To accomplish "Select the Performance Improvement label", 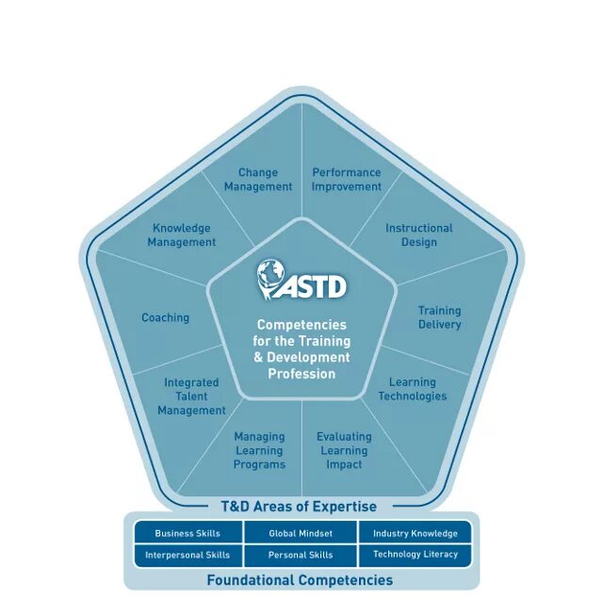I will pos(347,180).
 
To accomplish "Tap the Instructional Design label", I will pos(419,235).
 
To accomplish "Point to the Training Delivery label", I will pos(440,317).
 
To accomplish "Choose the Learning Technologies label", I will pos(413,389).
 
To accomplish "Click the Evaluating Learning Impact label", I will pos(344,450).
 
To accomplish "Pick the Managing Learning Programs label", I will pos(259,450).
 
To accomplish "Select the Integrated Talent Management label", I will pos(191,396).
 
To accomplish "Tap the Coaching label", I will pos(166,318).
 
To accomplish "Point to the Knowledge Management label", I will pos(182,235).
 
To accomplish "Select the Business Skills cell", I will pos(187,534).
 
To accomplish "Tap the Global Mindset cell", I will pos(301,534).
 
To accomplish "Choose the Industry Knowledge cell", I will pos(416,534).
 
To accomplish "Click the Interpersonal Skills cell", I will pos(187,556).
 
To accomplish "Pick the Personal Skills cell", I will pos(301,556).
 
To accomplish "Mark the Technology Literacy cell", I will pos(416,556).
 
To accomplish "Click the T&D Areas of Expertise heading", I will pos(299,507).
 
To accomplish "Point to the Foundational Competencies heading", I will pos(300,580).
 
